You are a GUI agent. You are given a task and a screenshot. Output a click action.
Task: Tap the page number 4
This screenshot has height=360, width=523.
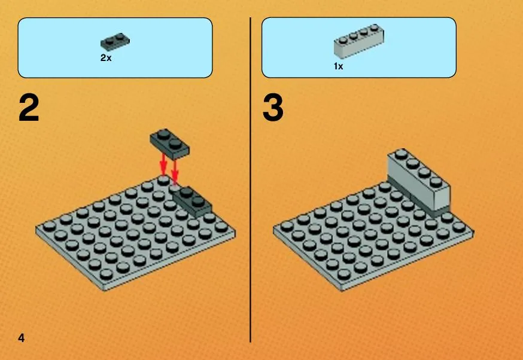tap(22, 338)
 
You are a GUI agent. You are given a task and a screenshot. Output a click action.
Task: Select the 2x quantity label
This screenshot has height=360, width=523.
tap(106, 57)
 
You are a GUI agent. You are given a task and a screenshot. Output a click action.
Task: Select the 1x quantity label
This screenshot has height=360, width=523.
tap(338, 66)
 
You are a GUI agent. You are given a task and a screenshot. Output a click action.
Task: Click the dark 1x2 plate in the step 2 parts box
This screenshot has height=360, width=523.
tap(115, 41)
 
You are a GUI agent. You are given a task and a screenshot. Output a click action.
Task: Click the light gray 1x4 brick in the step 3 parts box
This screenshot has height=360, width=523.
tap(359, 41)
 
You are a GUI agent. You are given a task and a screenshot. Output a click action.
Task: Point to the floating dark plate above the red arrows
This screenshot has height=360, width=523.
tap(169, 144)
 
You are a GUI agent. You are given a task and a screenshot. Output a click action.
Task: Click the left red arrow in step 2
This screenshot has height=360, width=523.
tap(163, 164)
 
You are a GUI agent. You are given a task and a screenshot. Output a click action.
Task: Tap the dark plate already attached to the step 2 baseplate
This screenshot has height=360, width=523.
tap(192, 202)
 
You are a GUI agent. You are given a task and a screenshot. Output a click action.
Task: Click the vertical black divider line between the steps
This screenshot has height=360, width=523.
tap(250, 180)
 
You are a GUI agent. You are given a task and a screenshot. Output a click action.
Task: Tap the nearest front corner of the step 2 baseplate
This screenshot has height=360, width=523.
tap(104, 289)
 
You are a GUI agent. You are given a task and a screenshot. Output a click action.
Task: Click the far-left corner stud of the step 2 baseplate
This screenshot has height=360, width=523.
tap(49, 226)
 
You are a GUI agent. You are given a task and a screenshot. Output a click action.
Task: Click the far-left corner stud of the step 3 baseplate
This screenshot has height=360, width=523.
tap(287, 226)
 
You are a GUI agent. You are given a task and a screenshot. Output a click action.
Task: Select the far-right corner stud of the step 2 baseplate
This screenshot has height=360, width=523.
tap(221, 227)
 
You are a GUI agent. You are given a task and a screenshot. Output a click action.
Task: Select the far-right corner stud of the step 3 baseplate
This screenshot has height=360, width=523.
tap(458, 227)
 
